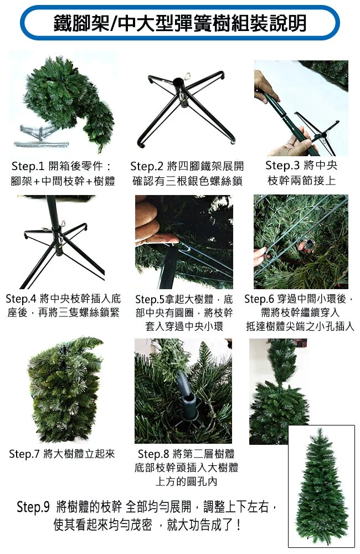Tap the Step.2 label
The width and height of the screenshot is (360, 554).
click(x=146, y=166)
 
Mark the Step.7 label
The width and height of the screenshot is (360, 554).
click(x=25, y=454)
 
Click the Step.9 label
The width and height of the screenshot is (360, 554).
click(x=33, y=507)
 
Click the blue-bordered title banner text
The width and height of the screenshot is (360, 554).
click(x=179, y=23)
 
